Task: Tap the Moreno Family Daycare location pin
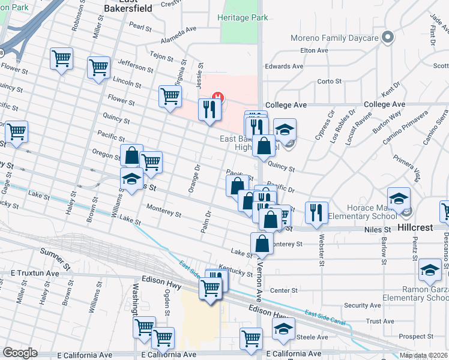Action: pos(388,38)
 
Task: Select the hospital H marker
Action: pos(218,97)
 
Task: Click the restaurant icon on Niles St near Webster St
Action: pos(316,212)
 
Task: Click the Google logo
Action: pos(20,353)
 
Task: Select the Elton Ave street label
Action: pos(314,50)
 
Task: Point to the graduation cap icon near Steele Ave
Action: pos(283,328)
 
